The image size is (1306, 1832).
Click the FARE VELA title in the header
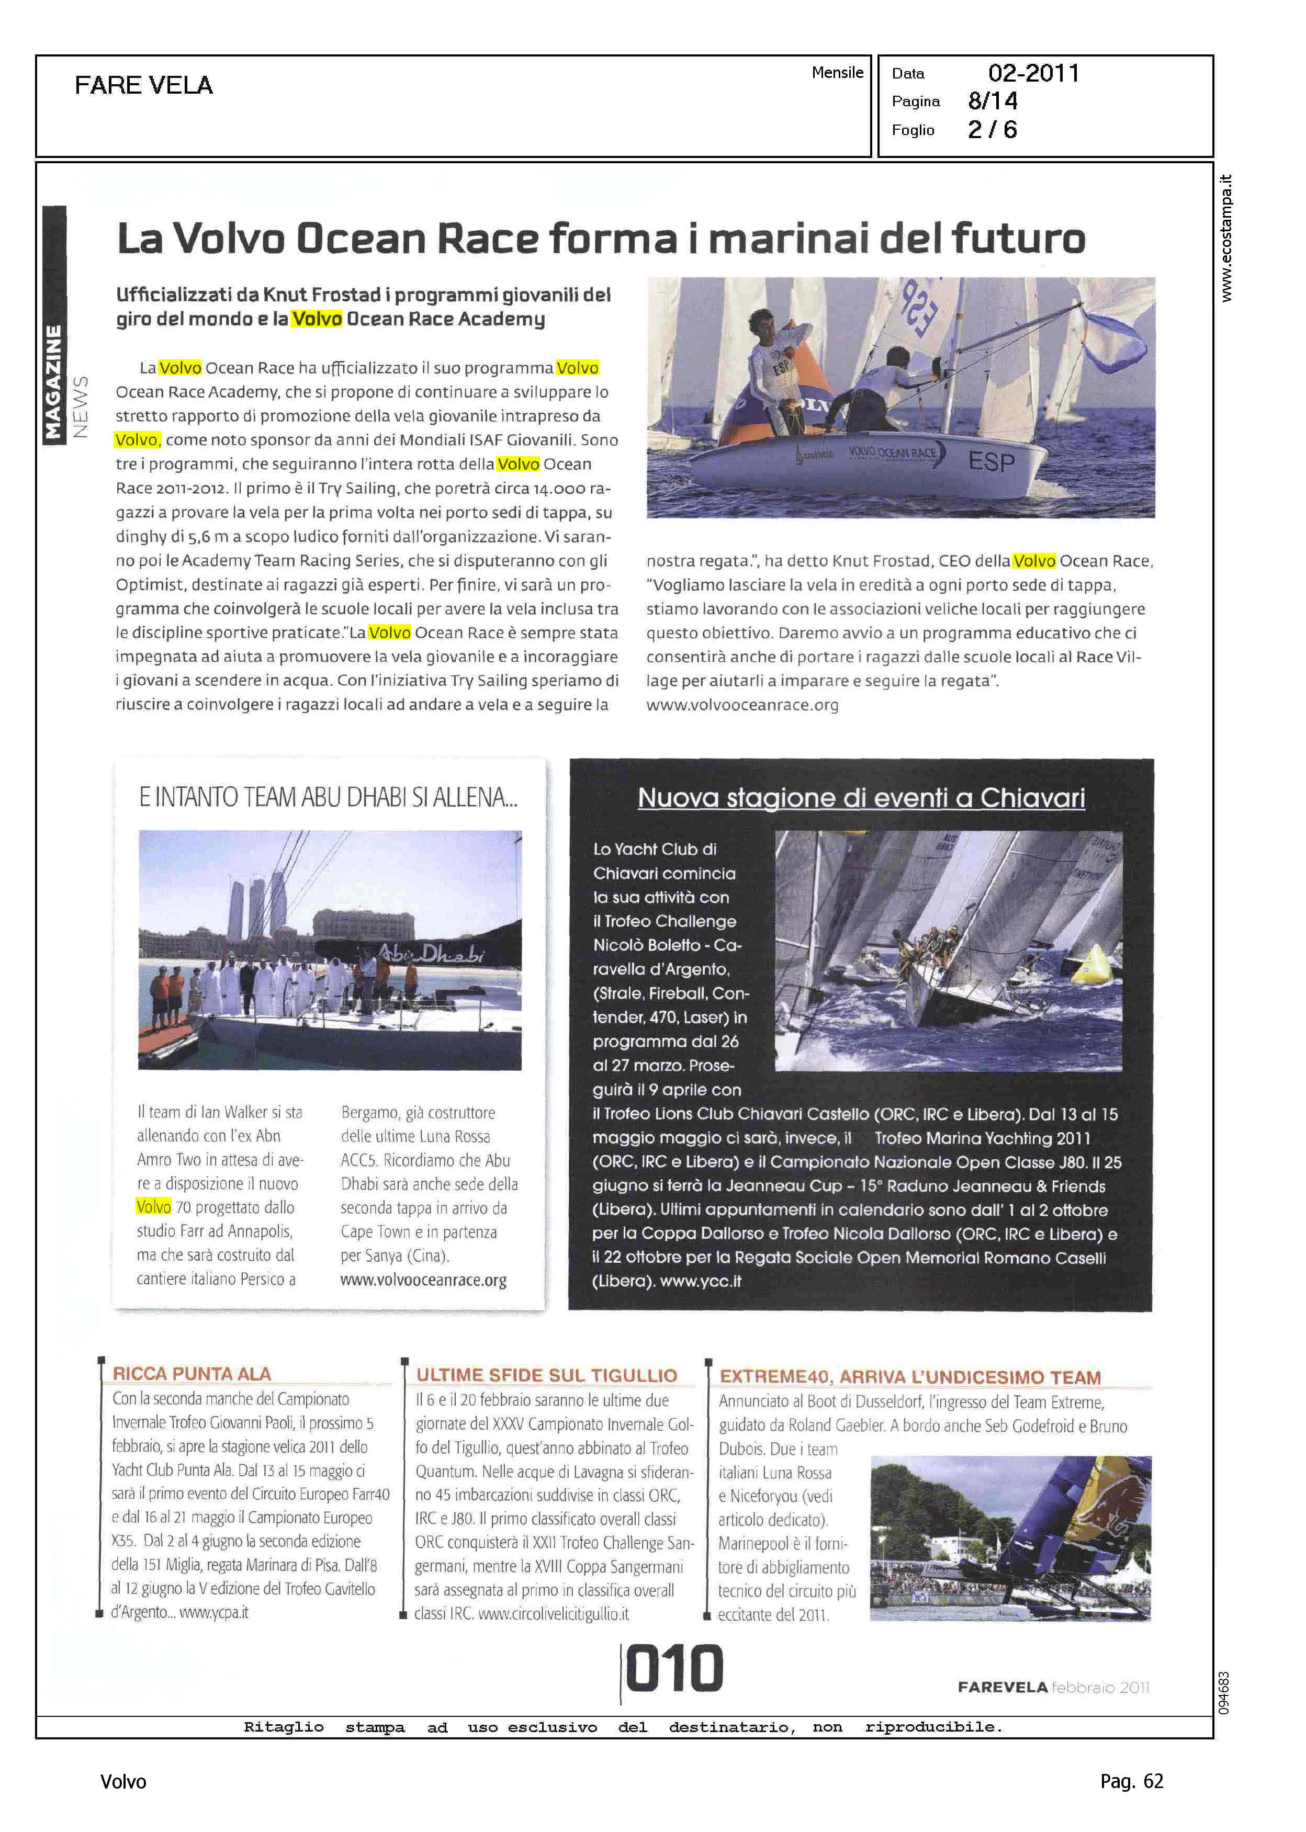143,85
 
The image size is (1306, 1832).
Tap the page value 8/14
993,101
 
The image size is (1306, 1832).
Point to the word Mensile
837,72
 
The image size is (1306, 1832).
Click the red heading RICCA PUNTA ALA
192,1374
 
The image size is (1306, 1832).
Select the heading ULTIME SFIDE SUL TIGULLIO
546,1375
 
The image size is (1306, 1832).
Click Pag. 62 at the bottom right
1131,1781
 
